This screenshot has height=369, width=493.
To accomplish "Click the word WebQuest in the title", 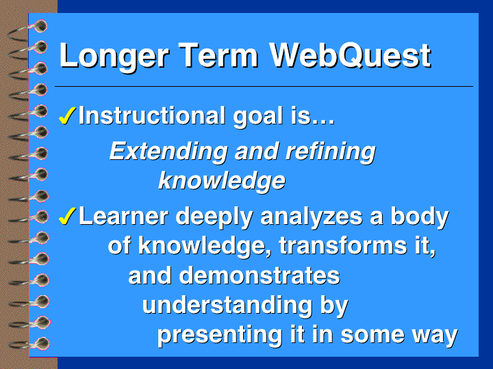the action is (x=351, y=56).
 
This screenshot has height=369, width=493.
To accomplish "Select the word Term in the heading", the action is (x=220, y=55).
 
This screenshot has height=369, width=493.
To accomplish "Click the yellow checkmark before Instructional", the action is (x=66, y=115).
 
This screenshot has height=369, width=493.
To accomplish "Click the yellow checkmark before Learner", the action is (x=66, y=216).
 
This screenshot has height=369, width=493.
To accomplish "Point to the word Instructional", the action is (x=152, y=115).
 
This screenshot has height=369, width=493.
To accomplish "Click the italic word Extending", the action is (x=168, y=152).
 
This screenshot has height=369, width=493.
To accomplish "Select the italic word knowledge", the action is (x=222, y=181).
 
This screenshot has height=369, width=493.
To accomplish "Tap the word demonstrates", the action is (x=260, y=276).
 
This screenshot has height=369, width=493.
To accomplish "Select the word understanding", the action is (x=227, y=305).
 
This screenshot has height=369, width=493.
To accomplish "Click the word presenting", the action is (x=220, y=335).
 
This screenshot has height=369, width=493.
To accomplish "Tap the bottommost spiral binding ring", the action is (x=30, y=344).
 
